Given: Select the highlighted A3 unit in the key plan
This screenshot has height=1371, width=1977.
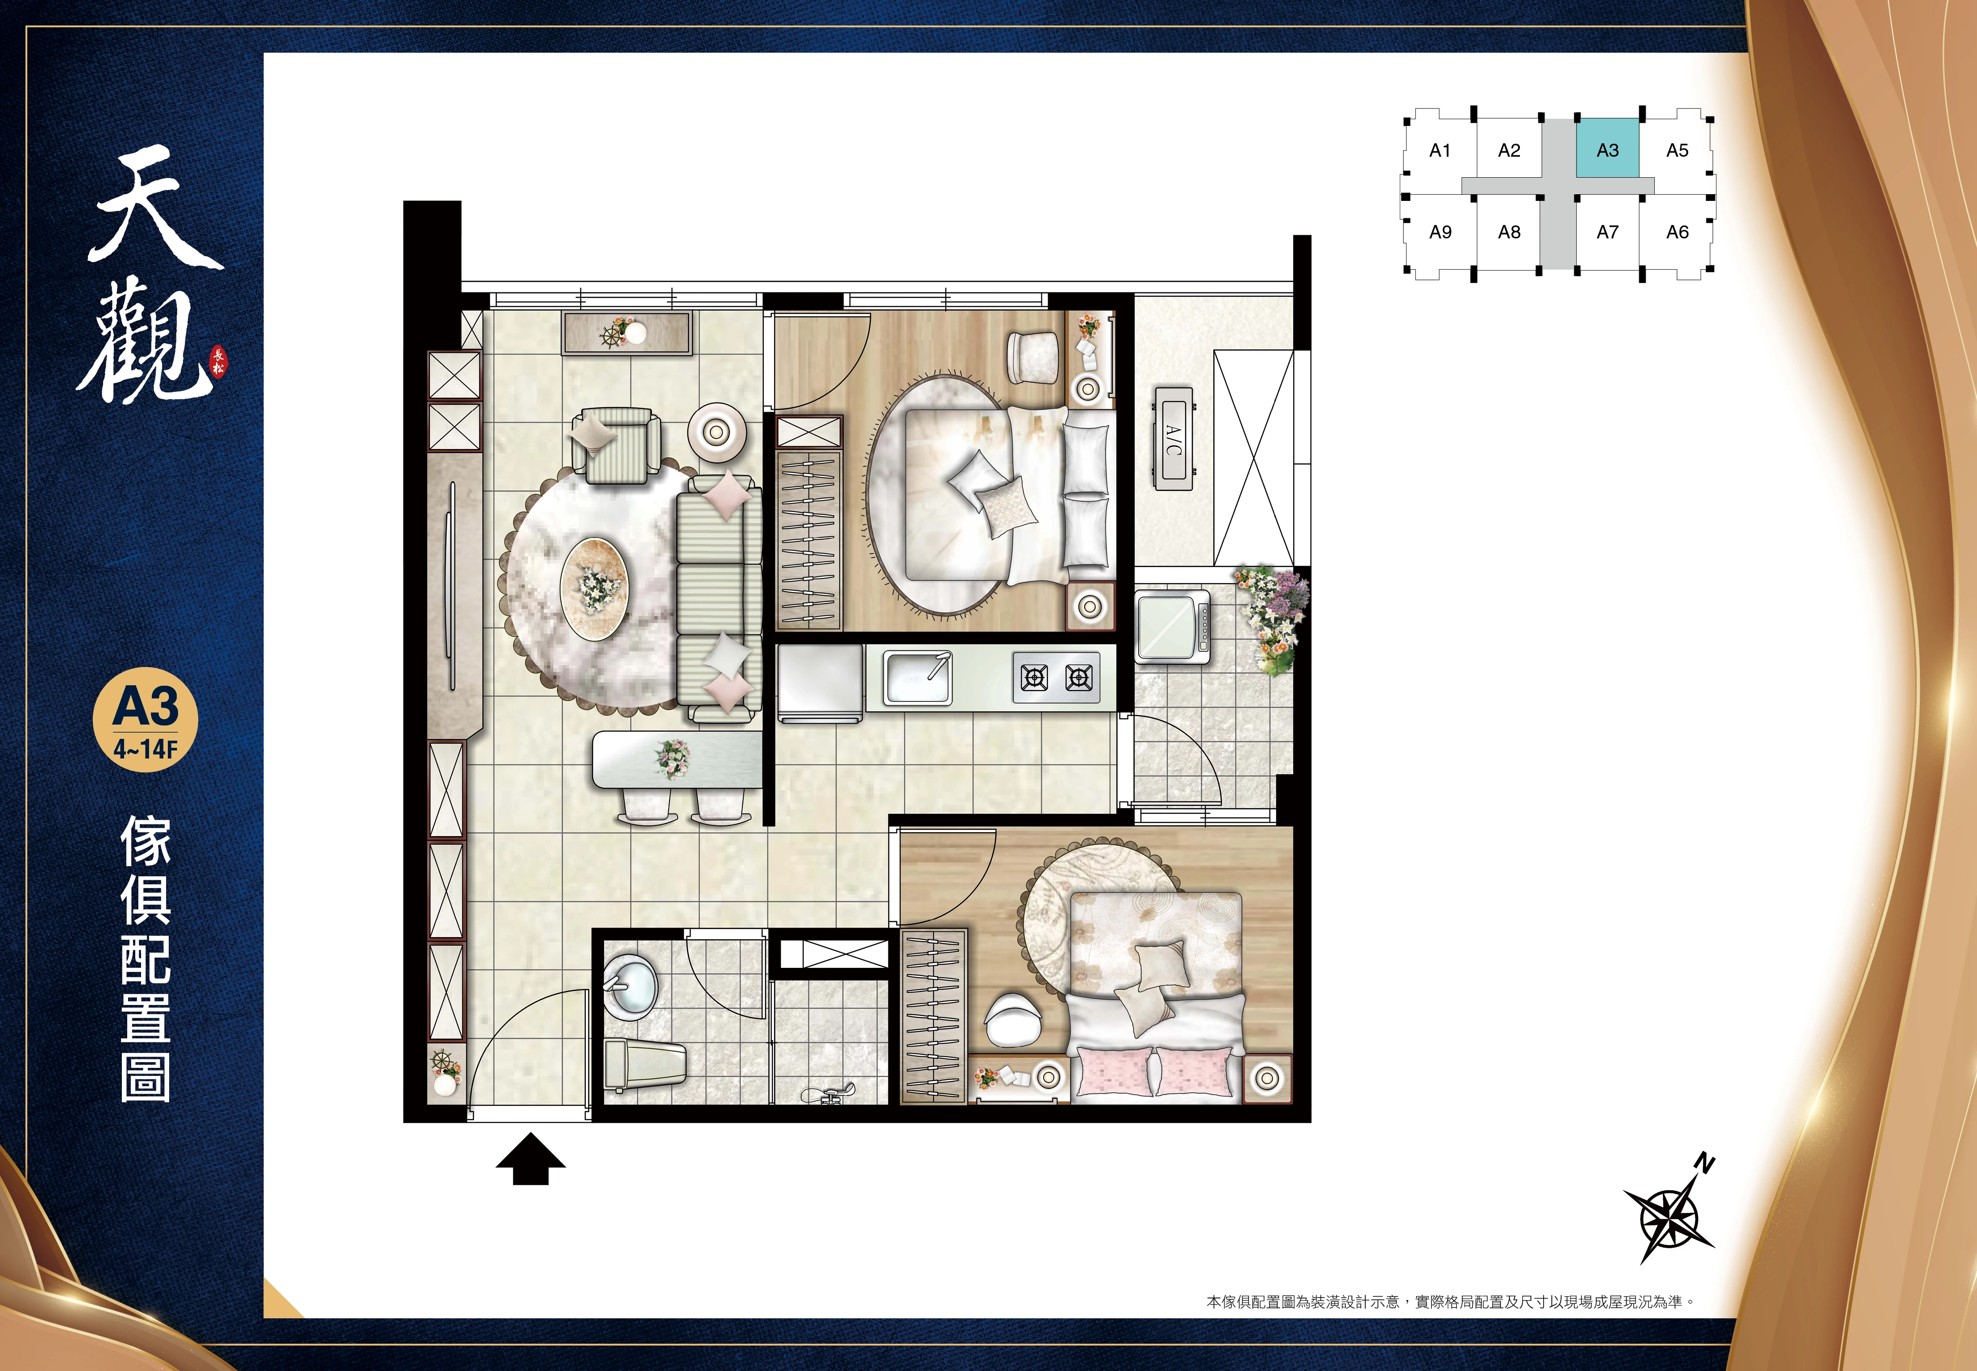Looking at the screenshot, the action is (1607, 149).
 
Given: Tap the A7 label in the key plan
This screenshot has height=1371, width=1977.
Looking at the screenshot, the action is (1607, 232).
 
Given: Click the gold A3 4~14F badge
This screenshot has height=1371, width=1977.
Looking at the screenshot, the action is (145, 720).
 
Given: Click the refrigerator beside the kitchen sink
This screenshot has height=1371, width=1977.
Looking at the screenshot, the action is (820, 683).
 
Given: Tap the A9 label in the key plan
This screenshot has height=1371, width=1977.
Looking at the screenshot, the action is (1440, 232).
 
